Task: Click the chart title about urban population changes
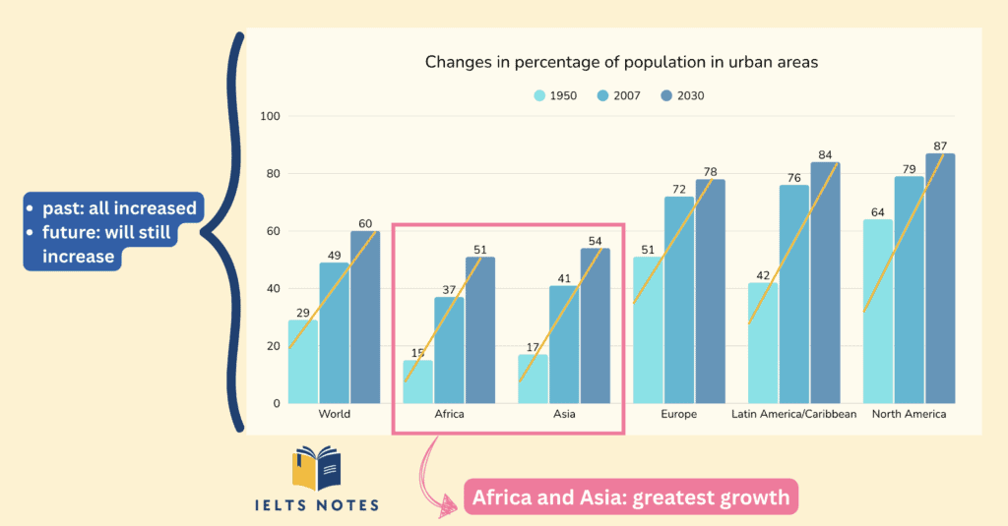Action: [x=621, y=62]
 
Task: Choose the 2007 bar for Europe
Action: [x=678, y=300]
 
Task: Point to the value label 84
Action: [x=825, y=154]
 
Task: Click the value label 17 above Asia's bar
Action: [x=533, y=346]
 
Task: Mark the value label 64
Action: [x=876, y=211]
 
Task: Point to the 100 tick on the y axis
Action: [x=270, y=117]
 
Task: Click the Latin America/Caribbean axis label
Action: [x=793, y=414]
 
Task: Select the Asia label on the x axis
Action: [x=564, y=414]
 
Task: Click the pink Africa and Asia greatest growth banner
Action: [x=630, y=497]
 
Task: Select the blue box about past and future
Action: [x=113, y=232]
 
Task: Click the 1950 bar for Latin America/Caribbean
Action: [x=762, y=343]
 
